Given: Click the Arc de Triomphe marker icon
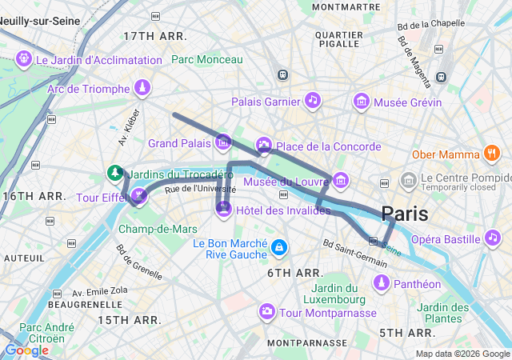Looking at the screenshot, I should pyautogui.click(x=142, y=86).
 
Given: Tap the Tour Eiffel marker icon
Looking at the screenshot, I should pyautogui.click(x=139, y=194).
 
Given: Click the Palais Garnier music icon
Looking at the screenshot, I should pyautogui.click(x=313, y=100).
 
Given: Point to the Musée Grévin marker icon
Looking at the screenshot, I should pyautogui.click(x=362, y=101).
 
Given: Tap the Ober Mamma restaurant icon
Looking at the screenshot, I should pyautogui.click(x=491, y=154).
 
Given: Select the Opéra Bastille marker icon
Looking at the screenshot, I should pyautogui.click(x=491, y=238).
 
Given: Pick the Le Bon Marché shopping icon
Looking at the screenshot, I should pyautogui.click(x=278, y=247).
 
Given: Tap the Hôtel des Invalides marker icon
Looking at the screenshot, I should pyautogui.click(x=223, y=209).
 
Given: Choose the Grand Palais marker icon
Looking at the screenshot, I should pyautogui.click(x=223, y=142).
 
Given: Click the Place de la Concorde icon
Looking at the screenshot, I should pyautogui.click(x=264, y=145).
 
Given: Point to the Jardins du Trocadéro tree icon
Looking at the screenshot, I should pyautogui.click(x=116, y=172).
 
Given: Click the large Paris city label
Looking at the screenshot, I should pyautogui.click(x=404, y=214).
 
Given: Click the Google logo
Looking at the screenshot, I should pyautogui.click(x=26, y=350).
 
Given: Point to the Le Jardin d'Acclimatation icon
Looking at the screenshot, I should pyautogui.click(x=24, y=58).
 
